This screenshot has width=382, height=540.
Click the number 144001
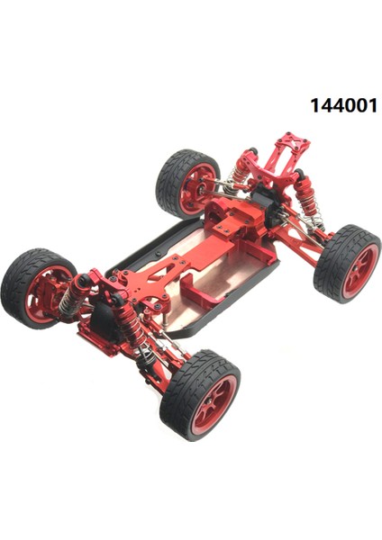[x=344, y=105]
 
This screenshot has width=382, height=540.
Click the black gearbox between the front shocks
[x=104, y=315]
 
